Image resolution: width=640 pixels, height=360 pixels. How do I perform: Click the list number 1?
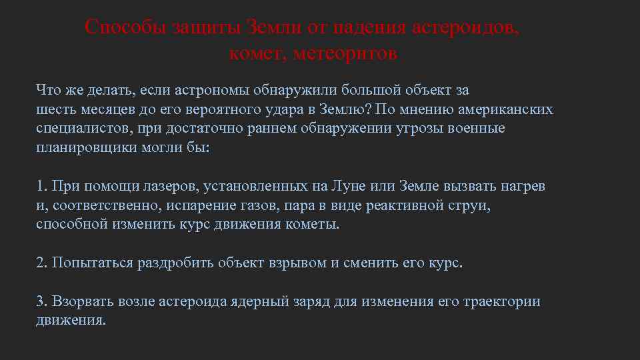tap(41, 186)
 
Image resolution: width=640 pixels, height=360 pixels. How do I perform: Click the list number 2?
tap(41, 263)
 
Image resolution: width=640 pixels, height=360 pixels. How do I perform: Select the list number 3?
tap(41, 301)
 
